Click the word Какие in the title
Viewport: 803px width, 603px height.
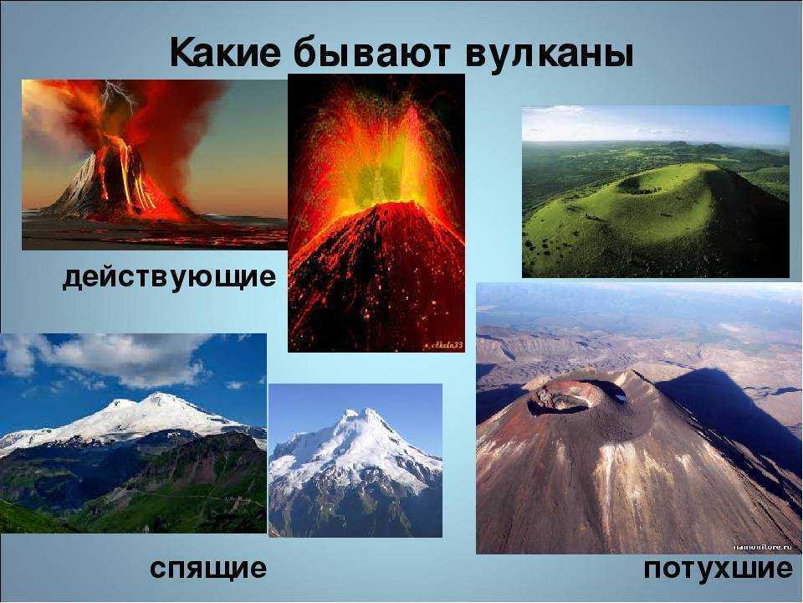[225, 52]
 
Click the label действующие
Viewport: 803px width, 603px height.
[169, 277]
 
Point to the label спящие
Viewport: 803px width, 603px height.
[208, 568]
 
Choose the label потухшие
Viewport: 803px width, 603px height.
[718, 569]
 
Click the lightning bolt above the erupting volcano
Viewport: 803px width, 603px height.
[117, 96]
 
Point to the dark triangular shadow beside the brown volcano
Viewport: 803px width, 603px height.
[727, 410]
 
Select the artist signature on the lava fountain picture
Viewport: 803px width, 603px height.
[443, 346]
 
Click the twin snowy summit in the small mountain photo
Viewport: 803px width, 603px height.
[360, 415]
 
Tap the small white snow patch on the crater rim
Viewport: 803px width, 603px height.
[621, 396]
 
